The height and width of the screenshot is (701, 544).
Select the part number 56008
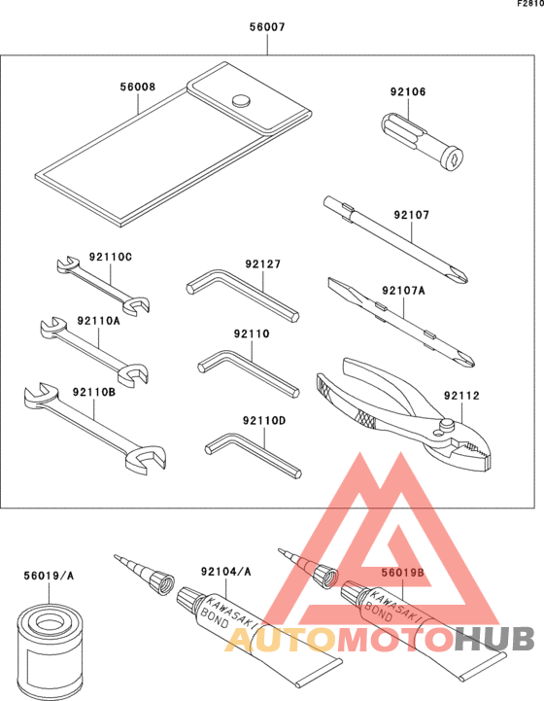coord(137,87)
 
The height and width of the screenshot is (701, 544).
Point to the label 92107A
coord(403,290)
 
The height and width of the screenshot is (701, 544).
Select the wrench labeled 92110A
coord(92,347)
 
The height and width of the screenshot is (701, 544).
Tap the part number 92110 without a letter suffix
coord(252,333)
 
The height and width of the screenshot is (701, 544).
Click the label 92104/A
coord(225,573)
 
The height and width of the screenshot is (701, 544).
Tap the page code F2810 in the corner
coord(528,5)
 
